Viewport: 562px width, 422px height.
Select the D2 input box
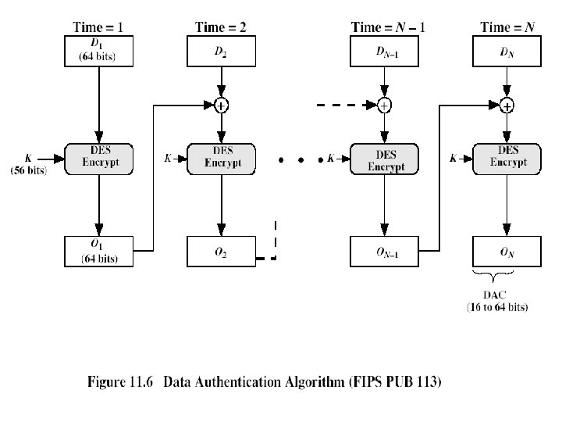point(221,52)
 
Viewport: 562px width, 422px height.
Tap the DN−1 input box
point(382,52)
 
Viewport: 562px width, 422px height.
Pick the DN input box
point(507,52)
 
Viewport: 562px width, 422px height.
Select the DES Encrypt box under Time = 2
point(221,159)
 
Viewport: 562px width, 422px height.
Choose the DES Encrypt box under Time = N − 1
point(382,159)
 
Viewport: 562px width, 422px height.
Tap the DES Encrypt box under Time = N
point(507,159)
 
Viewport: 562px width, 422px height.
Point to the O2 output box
point(221,252)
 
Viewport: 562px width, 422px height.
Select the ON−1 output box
point(382,252)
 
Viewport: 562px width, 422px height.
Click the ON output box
point(507,252)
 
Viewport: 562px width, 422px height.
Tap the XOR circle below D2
point(221,104)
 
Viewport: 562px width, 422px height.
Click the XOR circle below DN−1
point(383,104)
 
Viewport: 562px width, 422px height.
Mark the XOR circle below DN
point(507,104)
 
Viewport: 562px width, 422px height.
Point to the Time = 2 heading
point(221,27)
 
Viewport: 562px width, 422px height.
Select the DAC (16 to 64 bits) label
point(496,300)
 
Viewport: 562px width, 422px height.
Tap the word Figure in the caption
point(110,382)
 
